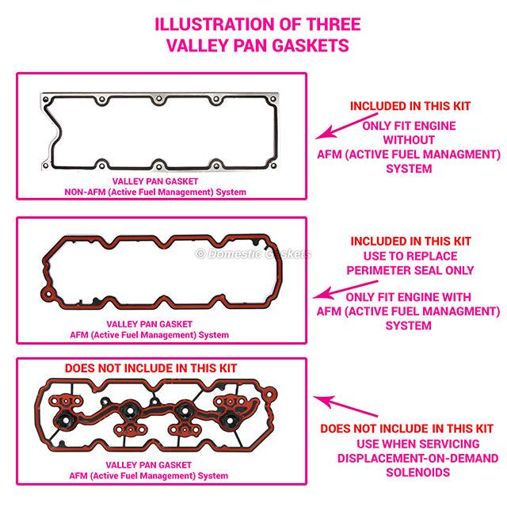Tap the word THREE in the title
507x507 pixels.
point(334,25)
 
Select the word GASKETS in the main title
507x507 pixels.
point(311,45)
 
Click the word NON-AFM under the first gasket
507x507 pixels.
point(85,192)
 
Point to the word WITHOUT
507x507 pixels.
point(409,140)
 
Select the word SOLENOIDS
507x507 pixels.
point(417,472)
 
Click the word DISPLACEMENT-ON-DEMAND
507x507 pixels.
point(417,458)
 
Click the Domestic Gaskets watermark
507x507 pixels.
point(253,253)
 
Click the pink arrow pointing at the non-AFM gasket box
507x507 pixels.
point(347,126)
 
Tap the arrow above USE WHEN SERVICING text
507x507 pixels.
point(345,406)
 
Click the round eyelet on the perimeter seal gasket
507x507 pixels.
point(48,295)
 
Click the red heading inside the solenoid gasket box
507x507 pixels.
point(151,368)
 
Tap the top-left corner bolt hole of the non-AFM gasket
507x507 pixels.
point(46,99)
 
